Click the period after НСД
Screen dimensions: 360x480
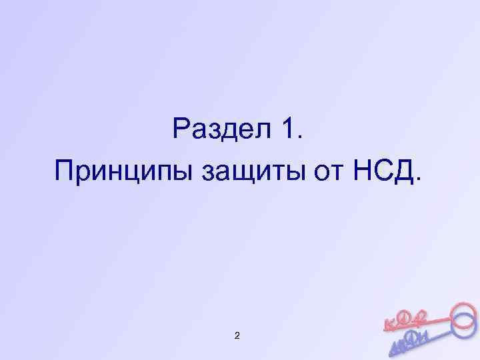(x=419, y=180)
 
